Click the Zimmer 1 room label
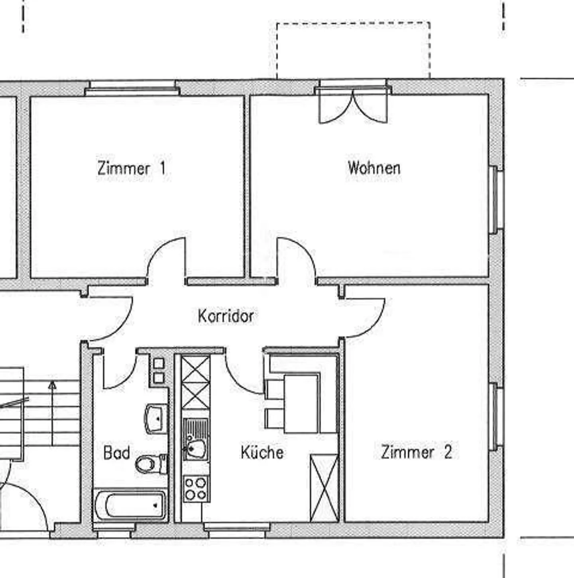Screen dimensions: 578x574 pos(132,168)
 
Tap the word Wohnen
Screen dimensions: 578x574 pos(374,168)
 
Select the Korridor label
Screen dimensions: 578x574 pos(226,316)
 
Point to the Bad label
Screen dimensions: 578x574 pos(116,453)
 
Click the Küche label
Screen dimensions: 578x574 pos(262,452)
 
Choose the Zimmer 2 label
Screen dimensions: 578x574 pos(417,452)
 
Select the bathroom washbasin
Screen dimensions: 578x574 pos(156,418)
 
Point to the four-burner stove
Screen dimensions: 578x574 pos(196,489)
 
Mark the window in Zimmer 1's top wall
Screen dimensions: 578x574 pos(132,88)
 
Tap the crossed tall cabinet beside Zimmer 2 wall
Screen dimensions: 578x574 pos(324,488)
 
